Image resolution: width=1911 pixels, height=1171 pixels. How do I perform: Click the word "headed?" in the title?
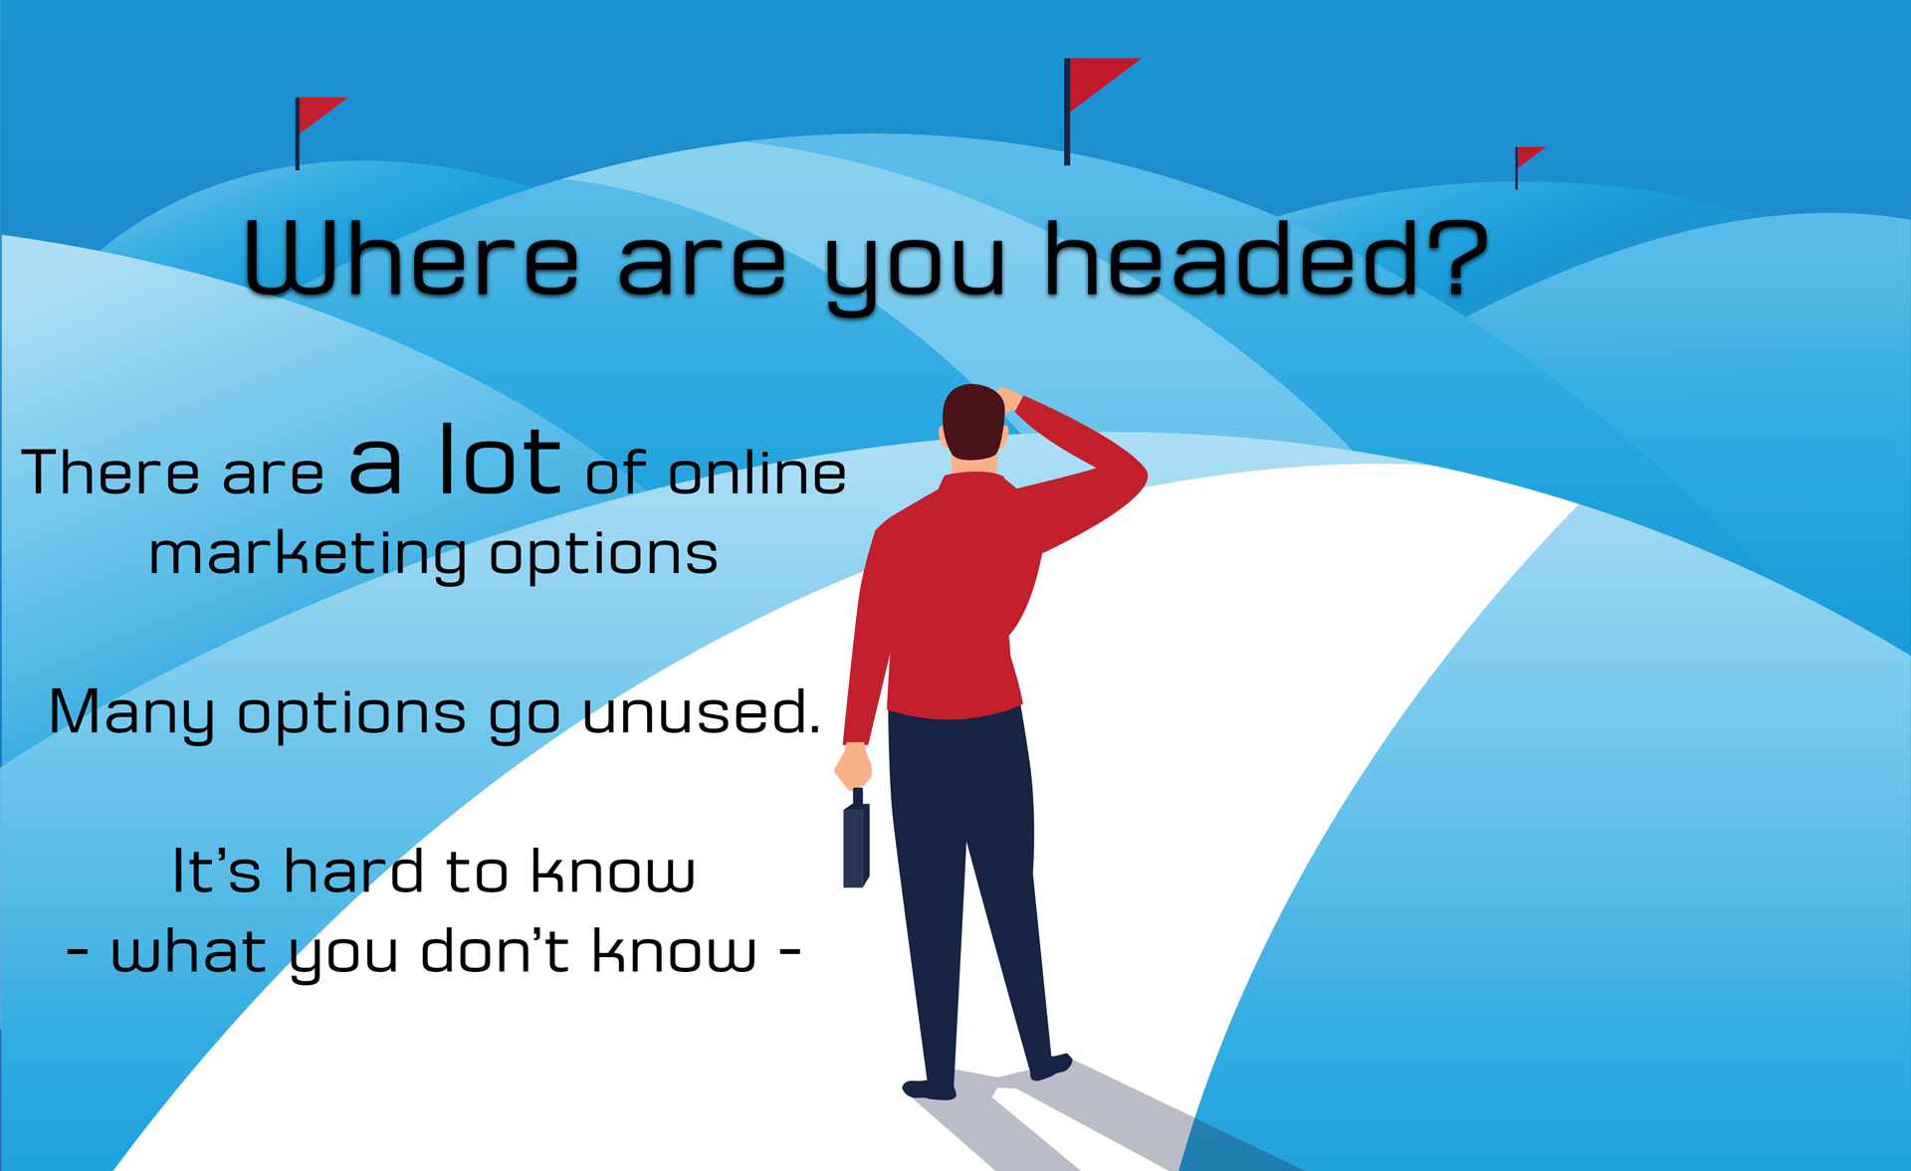pyautogui.click(x=1266, y=259)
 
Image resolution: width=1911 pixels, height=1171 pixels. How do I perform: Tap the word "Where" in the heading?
pyautogui.click(x=411, y=259)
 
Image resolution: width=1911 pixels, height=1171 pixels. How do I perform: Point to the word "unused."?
pyautogui.click(x=702, y=712)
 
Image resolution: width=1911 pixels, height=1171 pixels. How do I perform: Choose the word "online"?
pyautogui.click(x=757, y=472)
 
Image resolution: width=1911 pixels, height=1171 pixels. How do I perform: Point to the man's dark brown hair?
pyautogui.click(x=972, y=421)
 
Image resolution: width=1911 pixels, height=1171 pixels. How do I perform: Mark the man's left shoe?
pyautogui.click(x=930, y=1088)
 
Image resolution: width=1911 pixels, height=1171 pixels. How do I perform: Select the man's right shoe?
pyautogui.click(x=1050, y=1068)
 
